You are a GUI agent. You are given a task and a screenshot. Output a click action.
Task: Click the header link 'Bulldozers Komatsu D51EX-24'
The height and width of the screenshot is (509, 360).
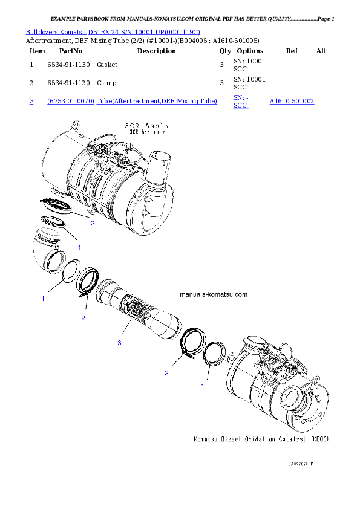(x=113, y=31)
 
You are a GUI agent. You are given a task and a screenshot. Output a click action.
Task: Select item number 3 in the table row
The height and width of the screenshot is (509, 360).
(x=31, y=102)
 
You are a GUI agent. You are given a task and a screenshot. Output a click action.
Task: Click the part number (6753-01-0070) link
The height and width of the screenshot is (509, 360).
(x=70, y=102)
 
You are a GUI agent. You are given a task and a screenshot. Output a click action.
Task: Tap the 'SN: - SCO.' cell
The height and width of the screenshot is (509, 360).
(x=240, y=101)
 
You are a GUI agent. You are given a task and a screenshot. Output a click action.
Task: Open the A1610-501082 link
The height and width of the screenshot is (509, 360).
(x=291, y=102)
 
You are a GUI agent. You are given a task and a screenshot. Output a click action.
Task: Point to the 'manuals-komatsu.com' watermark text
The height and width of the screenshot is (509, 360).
(x=214, y=295)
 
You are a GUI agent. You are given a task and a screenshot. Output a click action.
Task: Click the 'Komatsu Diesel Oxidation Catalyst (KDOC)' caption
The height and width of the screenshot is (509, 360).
(x=260, y=439)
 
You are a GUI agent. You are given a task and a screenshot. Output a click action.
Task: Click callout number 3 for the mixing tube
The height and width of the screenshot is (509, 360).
(x=120, y=343)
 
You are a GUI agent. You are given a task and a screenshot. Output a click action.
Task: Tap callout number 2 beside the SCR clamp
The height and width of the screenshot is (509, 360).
(x=93, y=223)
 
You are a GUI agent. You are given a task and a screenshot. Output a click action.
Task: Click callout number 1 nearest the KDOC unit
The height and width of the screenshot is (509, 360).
(x=202, y=384)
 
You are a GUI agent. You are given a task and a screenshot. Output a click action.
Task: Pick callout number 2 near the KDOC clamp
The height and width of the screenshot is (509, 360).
(x=166, y=373)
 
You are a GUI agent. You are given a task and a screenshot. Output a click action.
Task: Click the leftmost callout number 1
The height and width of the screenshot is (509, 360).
(x=43, y=299)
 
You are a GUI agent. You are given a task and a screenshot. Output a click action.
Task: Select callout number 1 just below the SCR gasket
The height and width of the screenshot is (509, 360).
(x=79, y=247)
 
